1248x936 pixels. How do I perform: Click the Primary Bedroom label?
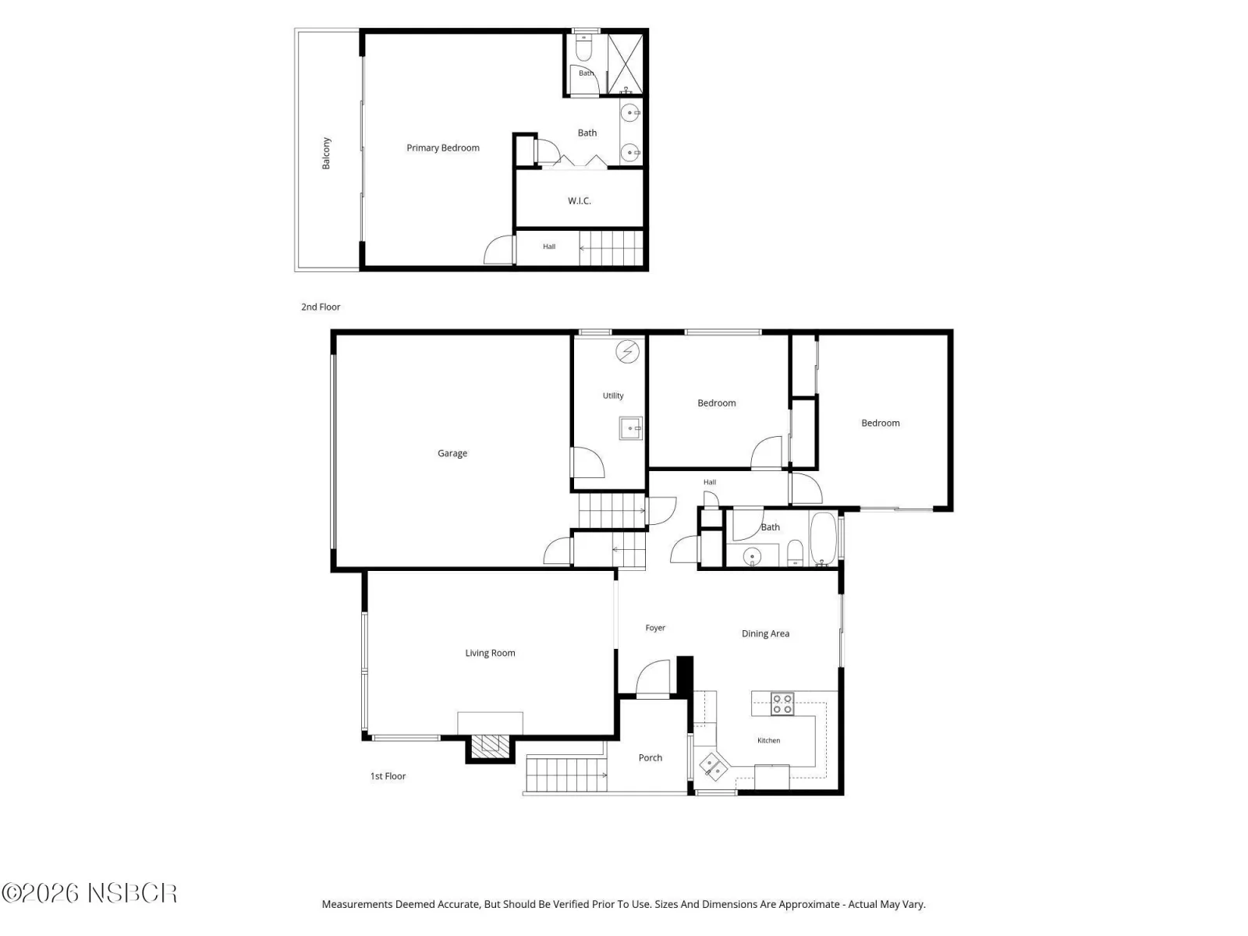pos(443,147)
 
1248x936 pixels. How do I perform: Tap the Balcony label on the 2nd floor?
pos(326,154)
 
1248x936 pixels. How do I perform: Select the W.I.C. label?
pos(580,200)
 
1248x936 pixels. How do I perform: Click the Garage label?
pos(452,453)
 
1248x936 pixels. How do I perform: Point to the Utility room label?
pos(613,395)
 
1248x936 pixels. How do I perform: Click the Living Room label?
pos(490,653)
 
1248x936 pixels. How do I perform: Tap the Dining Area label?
pos(765,633)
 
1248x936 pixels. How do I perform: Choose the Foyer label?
pos(655,628)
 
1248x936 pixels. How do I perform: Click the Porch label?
pos(651,757)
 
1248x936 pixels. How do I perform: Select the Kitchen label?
pos(769,740)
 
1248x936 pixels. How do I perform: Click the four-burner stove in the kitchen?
pos(782,704)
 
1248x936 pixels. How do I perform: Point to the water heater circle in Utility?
pos(628,352)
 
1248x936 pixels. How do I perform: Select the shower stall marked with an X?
pos(626,64)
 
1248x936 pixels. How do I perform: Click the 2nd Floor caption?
pos(321,307)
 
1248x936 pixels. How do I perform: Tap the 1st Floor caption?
pos(388,776)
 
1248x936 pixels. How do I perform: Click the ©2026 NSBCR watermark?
pos(89,894)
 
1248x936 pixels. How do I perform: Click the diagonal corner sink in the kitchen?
pos(714,767)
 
